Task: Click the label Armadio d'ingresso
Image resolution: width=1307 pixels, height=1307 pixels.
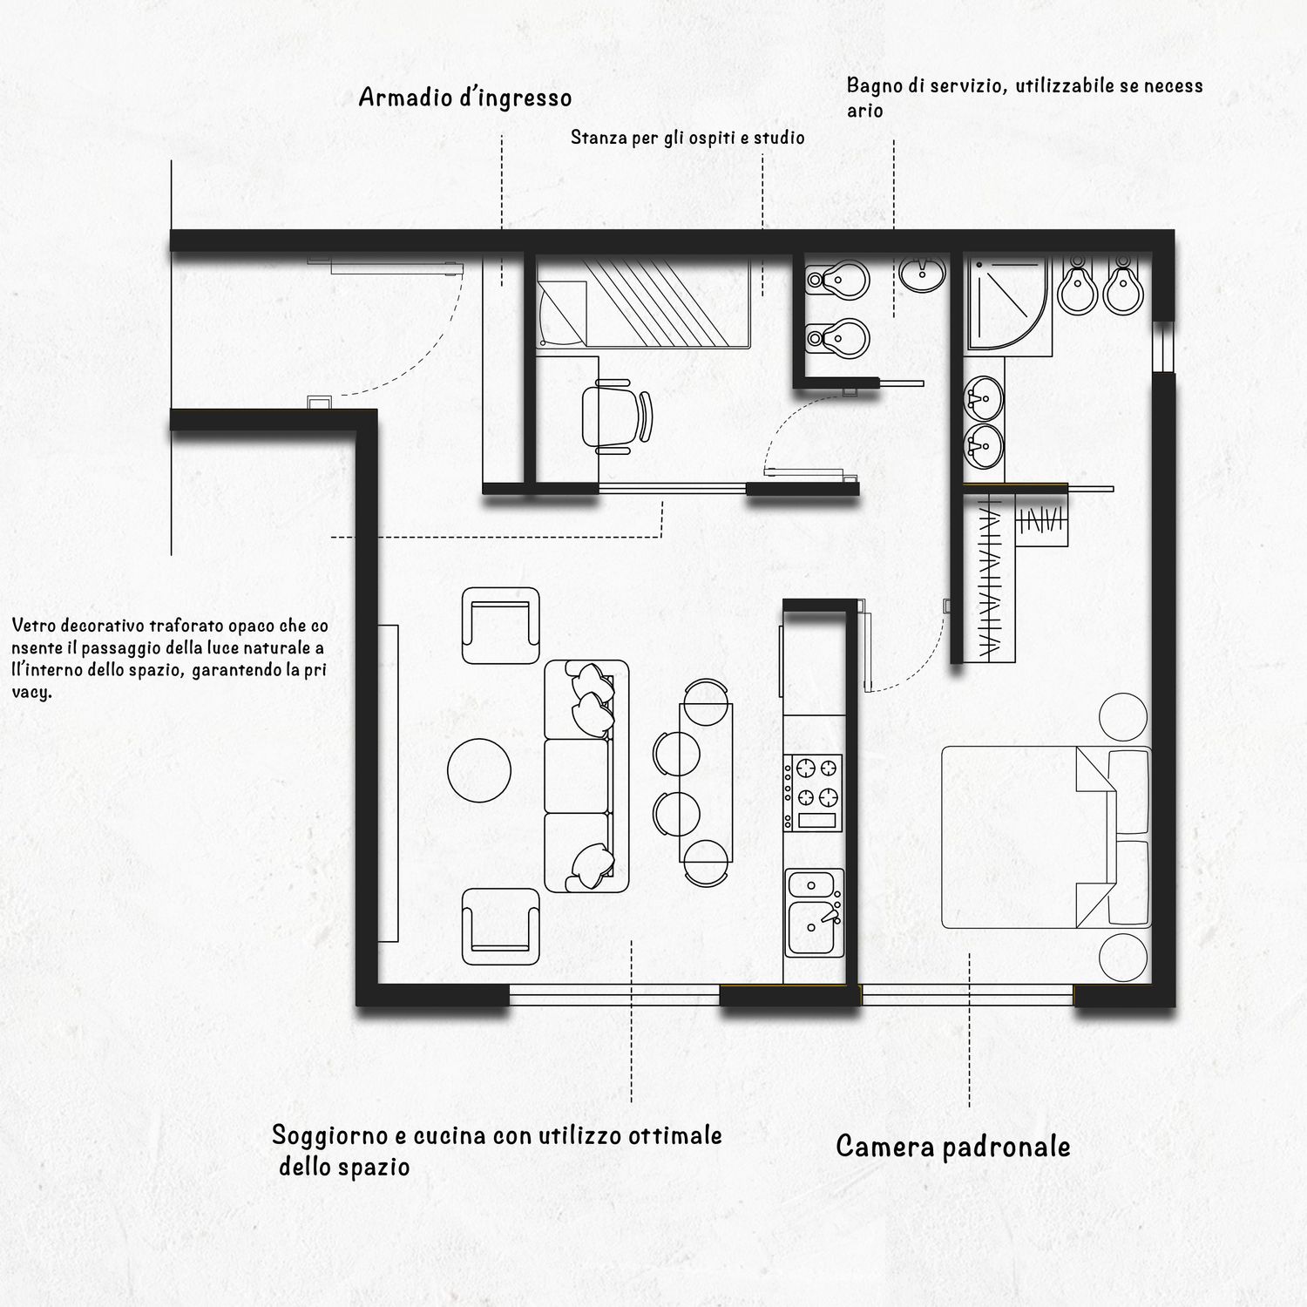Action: [x=465, y=98]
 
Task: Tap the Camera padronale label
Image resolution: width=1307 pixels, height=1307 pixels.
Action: [x=953, y=1146]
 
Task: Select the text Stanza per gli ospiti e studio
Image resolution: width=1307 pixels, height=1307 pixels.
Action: [x=687, y=138]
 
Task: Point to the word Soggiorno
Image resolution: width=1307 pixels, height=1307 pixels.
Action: [x=329, y=1135]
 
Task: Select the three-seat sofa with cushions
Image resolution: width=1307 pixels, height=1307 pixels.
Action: [x=586, y=775]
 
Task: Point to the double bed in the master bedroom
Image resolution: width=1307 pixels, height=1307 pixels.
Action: [x=1046, y=837]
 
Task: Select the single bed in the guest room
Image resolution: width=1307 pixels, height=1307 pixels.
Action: [x=643, y=303]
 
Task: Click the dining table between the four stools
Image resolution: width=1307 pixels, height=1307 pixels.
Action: [x=706, y=782]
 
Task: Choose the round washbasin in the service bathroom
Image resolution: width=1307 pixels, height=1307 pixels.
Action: [x=923, y=274]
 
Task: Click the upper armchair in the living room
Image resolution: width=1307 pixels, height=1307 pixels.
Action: [x=499, y=626]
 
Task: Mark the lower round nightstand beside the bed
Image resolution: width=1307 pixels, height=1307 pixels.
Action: [x=1123, y=957]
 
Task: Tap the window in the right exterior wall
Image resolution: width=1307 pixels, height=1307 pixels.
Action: [x=1163, y=348]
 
